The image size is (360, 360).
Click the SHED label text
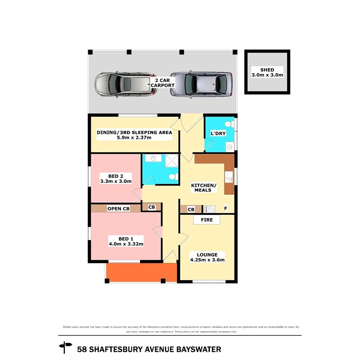click(267, 70)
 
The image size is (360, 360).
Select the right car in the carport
click(201, 84)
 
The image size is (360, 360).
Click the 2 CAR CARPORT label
click(163, 83)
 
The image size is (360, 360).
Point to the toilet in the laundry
click(229, 124)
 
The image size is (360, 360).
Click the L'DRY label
click(218, 134)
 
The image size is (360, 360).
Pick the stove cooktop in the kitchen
click(210, 209)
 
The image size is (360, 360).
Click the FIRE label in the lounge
click(206, 220)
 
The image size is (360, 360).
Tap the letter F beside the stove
click(226, 209)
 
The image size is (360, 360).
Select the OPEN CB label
click(118, 209)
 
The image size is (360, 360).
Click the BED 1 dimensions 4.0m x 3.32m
click(126, 244)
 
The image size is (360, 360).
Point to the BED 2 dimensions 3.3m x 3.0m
click(116, 181)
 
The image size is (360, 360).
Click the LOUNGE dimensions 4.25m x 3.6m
click(207, 260)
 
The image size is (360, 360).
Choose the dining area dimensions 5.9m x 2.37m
click(134, 138)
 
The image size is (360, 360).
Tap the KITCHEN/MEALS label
click(204, 188)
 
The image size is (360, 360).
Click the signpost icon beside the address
click(65, 348)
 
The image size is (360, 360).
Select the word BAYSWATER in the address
click(199, 350)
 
